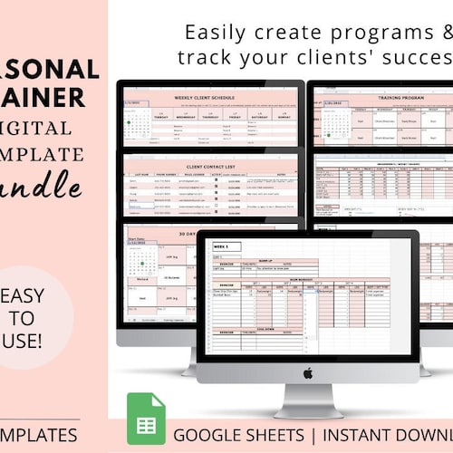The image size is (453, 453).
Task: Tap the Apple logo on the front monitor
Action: click(x=308, y=371)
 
